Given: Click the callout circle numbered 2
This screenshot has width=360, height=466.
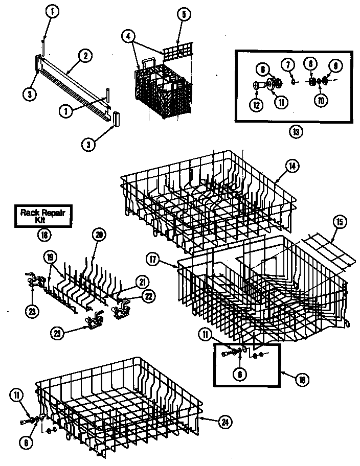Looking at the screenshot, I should [85, 56].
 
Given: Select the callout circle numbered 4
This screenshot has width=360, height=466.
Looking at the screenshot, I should [128, 36].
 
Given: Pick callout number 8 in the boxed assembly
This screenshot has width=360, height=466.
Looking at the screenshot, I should [311, 64].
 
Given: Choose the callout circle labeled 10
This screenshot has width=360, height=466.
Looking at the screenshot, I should [321, 101].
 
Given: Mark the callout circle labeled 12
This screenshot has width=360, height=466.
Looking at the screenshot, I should [256, 105].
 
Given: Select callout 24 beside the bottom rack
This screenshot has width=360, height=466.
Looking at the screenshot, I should [223, 422].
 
